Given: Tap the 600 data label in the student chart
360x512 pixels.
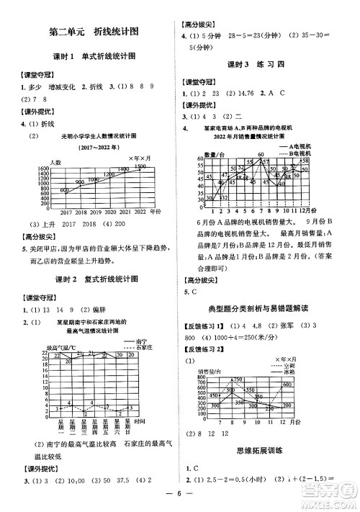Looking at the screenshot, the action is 65,190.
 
